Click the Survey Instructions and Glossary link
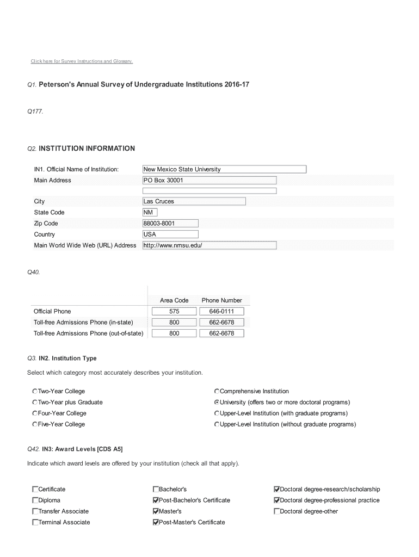(82, 61)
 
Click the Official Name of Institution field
(224, 169)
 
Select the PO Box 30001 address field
(209, 180)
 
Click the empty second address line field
(209, 191)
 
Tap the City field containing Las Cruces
(194, 201)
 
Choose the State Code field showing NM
(149, 212)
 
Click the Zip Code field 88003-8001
(170, 223)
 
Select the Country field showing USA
(150, 234)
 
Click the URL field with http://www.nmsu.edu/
(209, 245)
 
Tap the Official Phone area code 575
(174, 312)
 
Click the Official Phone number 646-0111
(222, 312)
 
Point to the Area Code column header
(174, 300)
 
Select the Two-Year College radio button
(35, 392)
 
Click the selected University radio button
(217, 403)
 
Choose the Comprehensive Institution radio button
(217, 392)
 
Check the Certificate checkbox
(35, 490)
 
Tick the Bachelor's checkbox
(156, 490)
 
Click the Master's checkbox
(156, 511)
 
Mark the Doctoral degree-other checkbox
(276, 511)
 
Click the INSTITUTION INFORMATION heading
(87, 148)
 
